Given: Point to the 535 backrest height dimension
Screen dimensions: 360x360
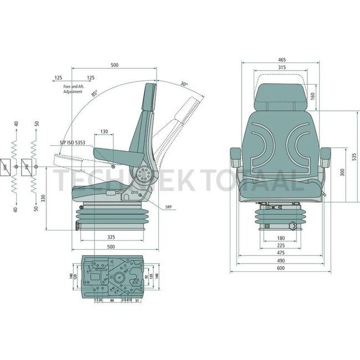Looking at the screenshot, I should pyautogui.click(x=354, y=157).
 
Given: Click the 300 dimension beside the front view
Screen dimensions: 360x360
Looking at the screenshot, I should pyautogui.click(x=343, y=172).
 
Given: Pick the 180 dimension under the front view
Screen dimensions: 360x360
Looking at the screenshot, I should pyautogui.click(x=280, y=239).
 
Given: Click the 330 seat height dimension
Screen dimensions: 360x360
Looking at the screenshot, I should pyautogui.click(x=43, y=198).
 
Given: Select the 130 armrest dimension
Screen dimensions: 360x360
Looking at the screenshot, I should pyautogui.click(x=104, y=132).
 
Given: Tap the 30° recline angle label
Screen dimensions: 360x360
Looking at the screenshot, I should pyautogui.click(x=184, y=84).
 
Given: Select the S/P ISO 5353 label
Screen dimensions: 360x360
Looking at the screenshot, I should pyautogui.click(x=73, y=143).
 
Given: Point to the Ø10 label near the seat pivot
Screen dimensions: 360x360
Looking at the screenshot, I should pyautogui.click(x=134, y=192).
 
